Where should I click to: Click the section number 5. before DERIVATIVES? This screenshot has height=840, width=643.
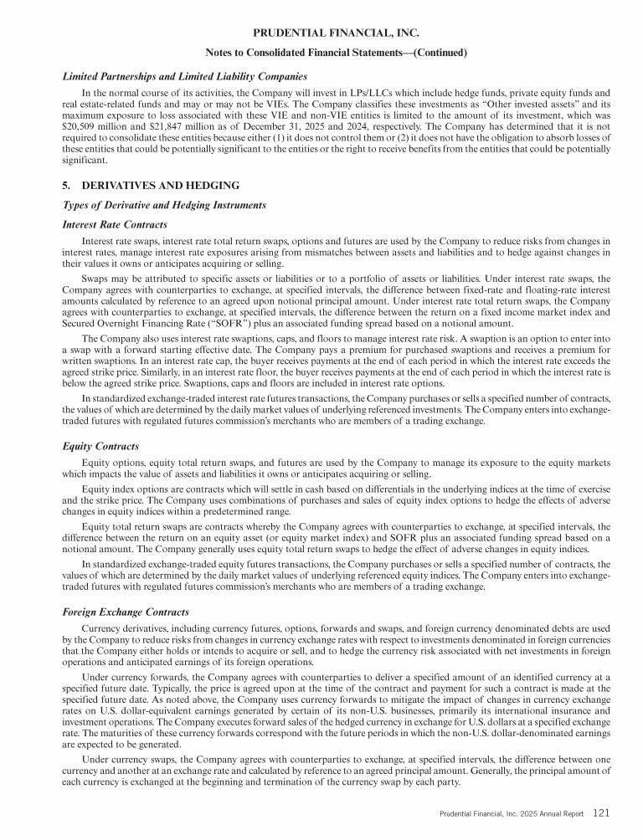(68, 185)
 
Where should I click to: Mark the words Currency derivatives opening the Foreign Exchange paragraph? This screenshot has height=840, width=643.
(121, 627)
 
